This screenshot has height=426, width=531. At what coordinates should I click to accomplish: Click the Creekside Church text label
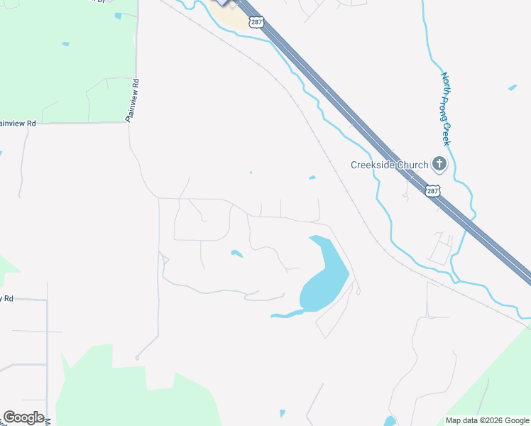[x=390, y=165]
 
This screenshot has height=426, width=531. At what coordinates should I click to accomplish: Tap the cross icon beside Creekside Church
[x=439, y=165]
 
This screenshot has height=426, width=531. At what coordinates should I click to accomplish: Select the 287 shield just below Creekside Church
[x=433, y=191]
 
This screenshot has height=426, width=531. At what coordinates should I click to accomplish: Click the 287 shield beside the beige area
[x=256, y=23]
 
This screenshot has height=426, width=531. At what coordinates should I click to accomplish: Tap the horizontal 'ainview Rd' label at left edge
[x=18, y=123]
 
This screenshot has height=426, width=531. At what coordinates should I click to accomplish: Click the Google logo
[x=23, y=417]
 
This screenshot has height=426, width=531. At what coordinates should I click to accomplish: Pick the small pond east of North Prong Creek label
[x=513, y=88]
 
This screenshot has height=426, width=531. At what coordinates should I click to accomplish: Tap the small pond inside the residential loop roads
[x=236, y=253]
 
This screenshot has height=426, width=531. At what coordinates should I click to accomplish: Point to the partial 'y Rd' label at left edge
[x=7, y=299]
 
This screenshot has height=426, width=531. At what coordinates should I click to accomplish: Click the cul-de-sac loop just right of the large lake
[x=358, y=290]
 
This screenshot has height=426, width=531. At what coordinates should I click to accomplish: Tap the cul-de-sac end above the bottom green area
[x=137, y=357]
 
